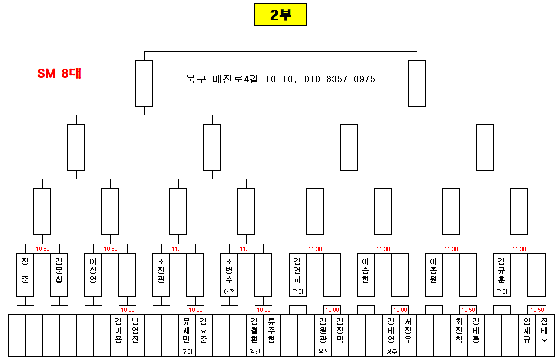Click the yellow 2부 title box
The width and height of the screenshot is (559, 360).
click(280, 15)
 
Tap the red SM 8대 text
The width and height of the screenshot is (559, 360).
click(59, 73)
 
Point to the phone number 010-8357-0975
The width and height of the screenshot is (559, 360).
click(340, 79)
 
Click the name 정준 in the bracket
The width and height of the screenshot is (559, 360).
click(25, 270)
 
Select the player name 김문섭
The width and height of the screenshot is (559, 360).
click(59, 270)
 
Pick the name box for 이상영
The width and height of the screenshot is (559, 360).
click(93, 270)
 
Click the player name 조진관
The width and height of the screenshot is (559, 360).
click(161, 270)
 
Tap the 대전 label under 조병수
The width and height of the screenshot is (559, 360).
click(229, 291)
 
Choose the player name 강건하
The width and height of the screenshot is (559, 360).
click(297, 270)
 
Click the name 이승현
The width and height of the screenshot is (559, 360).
click(365, 270)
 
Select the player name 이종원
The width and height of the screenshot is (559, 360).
click(433, 270)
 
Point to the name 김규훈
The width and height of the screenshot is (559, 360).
click(501, 270)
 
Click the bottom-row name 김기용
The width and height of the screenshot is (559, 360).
click(119, 330)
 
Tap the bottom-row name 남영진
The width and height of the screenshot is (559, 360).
click(135, 330)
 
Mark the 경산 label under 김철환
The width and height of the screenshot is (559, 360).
click(255, 351)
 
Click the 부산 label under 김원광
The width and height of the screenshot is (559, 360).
click(323, 351)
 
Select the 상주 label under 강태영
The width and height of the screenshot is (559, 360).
click(391, 351)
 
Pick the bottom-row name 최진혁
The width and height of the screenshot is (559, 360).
click(459, 330)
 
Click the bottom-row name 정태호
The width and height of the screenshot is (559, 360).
click(544, 330)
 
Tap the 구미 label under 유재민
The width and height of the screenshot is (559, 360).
click(187, 351)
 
